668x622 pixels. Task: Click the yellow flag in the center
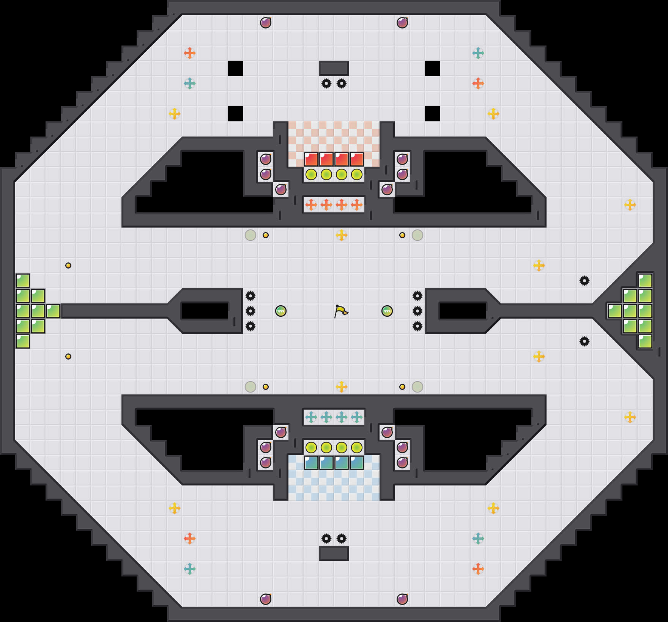(341, 311)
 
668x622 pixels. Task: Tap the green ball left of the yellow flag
(281, 311)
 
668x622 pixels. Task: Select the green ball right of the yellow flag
(387, 311)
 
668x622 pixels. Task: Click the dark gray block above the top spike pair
(334, 68)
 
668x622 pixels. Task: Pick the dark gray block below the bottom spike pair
(334, 554)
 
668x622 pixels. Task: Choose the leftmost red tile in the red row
(311, 159)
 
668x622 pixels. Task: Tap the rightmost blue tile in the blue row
(357, 463)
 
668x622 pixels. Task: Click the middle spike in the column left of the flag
(250, 311)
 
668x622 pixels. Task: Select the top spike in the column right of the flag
(417, 296)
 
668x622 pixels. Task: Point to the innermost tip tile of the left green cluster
(53, 311)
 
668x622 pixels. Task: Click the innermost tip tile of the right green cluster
(615, 311)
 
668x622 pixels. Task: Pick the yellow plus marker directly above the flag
(342, 235)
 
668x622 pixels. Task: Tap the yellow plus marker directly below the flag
(342, 387)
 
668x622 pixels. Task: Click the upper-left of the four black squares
(235, 68)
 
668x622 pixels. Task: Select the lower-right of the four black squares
(433, 114)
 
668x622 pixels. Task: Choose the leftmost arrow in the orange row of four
(311, 205)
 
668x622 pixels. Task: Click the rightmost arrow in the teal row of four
(357, 417)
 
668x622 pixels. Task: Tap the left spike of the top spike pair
(326, 83)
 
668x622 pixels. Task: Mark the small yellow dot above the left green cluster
(68, 265)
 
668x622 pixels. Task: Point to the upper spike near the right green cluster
(584, 281)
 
